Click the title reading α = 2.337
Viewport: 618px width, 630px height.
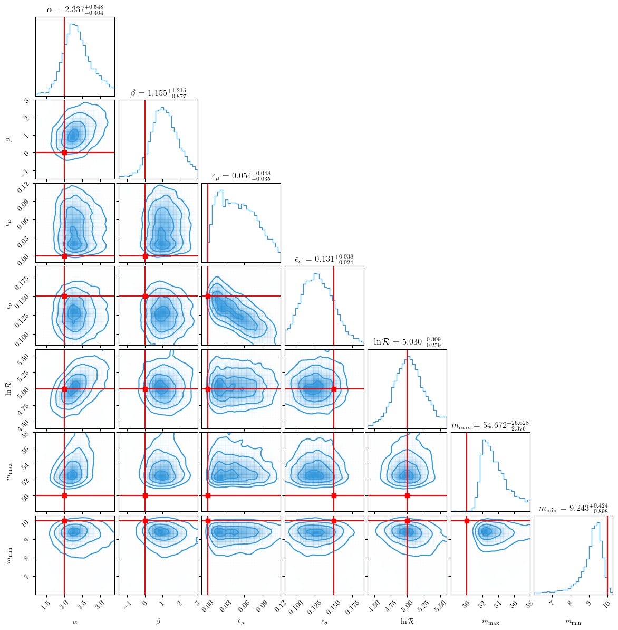click(75, 9)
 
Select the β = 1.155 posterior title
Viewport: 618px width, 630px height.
click(158, 92)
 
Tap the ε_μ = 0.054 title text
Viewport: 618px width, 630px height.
click(241, 176)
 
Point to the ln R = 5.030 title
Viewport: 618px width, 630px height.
click(407, 342)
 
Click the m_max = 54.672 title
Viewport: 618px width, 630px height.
click(490, 425)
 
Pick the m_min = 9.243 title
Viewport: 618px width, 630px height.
click(573, 508)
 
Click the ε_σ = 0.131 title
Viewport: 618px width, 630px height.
click(324, 259)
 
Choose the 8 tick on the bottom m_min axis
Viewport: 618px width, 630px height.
click(570, 603)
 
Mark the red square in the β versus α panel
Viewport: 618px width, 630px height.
click(65, 152)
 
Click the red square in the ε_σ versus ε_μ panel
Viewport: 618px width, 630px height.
click(208, 296)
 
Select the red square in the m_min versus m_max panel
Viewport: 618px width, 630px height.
click(467, 521)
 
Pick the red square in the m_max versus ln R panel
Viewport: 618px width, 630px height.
click(407, 495)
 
